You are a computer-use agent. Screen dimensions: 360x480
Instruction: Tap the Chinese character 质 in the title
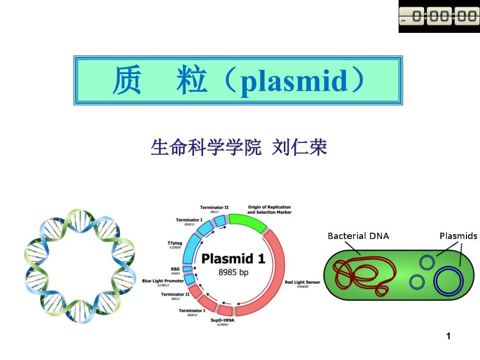tap(127, 82)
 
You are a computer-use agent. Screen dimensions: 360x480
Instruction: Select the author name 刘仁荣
tap(301, 148)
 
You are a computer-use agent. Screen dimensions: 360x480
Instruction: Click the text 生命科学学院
tap(206, 148)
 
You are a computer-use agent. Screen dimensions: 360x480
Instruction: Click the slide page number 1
tap(448, 337)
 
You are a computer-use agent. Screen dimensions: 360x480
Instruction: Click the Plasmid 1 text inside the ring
tap(233, 258)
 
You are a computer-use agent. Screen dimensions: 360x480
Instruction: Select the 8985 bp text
tap(234, 272)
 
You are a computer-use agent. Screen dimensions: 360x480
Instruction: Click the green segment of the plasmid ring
tap(248, 224)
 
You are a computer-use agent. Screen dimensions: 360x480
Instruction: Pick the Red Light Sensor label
tap(303, 282)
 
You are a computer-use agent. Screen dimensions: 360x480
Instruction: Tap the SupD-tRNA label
tap(222, 320)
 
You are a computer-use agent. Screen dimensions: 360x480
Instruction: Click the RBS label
tap(175, 269)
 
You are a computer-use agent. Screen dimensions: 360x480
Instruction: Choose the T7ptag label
tap(174, 243)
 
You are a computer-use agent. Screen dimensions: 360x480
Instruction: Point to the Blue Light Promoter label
tap(163, 281)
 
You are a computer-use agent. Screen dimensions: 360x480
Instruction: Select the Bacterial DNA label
tap(358, 236)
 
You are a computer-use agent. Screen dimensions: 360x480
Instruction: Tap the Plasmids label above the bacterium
tap(458, 236)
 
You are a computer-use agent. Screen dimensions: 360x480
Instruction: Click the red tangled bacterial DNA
tap(360, 274)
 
